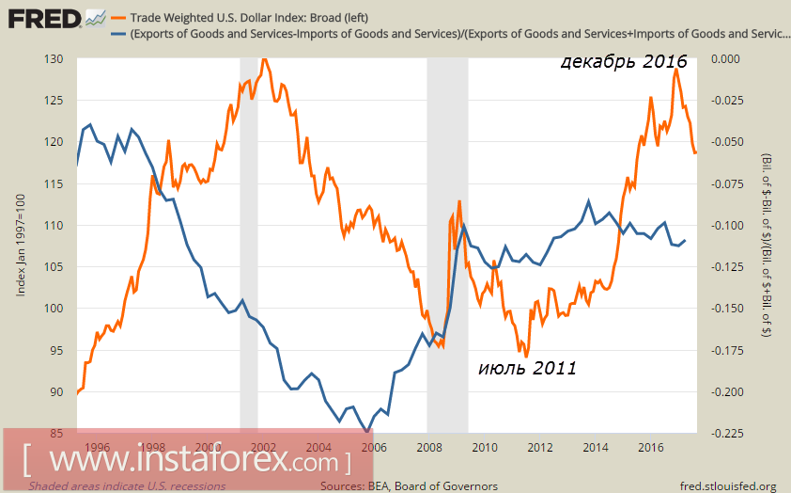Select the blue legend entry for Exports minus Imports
point(451,35)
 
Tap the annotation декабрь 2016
point(624,63)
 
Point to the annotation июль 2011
point(527,368)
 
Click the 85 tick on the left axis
point(55,434)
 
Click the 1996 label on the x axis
point(98,448)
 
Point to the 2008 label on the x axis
point(429,448)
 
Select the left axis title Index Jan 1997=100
point(21,246)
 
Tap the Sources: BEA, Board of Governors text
point(409,485)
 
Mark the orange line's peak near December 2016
point(675,69)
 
